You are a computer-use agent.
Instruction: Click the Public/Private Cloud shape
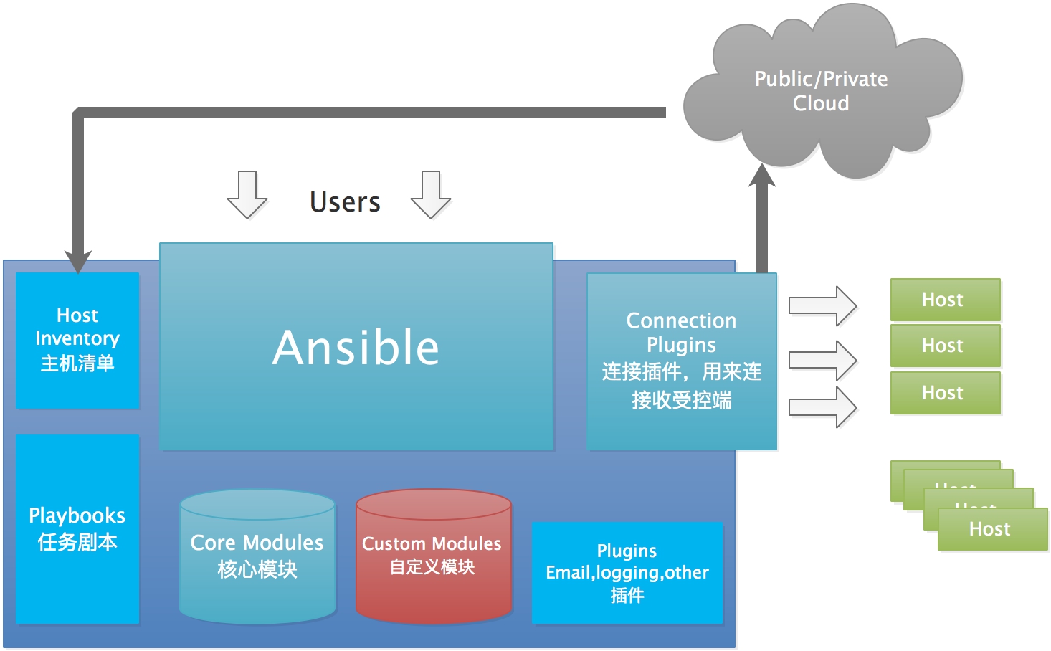tap(821, 91)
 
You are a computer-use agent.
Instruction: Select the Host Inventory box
tap(77, 340)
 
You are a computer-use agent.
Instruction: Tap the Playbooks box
tap(77, 528)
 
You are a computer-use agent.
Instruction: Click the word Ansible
tap(356, 348)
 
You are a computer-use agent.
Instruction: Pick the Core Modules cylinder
tap(257, 556)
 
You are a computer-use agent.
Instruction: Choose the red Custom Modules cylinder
tap(433, 556)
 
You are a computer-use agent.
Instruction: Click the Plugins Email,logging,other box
tap(627, 573)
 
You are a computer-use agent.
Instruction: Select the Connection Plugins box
tap(681, 361)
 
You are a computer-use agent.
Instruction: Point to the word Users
tap(345, 202)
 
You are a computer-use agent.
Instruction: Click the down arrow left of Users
tap(247, 194)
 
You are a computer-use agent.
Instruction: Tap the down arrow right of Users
tap(431, 194)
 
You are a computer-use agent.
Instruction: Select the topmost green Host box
tap(945, 299)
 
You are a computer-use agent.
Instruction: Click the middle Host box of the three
tap(945, 346)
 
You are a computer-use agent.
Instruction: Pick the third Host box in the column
tap(945, 392)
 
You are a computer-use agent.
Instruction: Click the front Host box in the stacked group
tap(992, 529)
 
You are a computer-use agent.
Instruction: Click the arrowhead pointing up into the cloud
tap(762, 176)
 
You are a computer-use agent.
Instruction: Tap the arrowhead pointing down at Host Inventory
tap(77, 262)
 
